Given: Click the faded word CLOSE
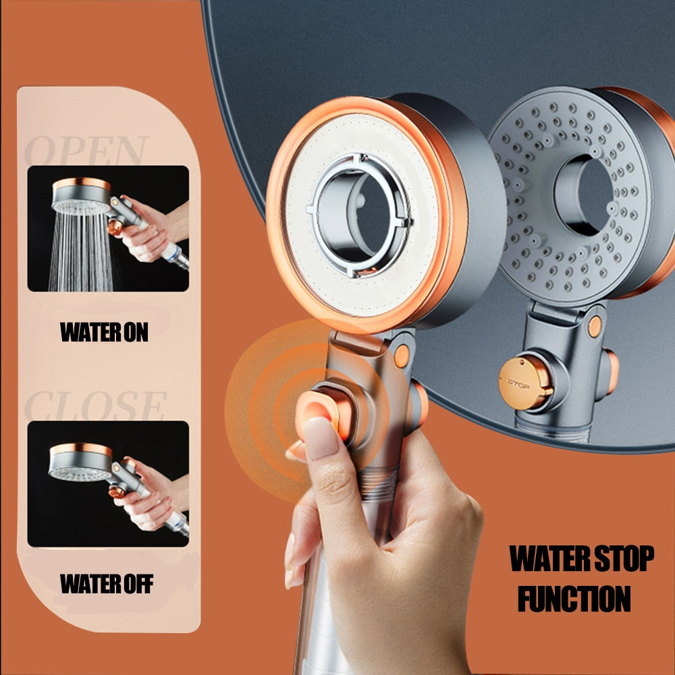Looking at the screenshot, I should [x=94, y=406].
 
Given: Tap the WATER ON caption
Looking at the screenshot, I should [x=104, y=332].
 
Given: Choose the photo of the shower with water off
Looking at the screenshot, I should [x=108, y=483].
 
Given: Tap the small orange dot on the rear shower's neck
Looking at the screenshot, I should [x=595, y=326].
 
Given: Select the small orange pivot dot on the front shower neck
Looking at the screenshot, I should [x=402, y=355].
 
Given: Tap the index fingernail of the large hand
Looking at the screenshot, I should [x=321, y=437].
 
